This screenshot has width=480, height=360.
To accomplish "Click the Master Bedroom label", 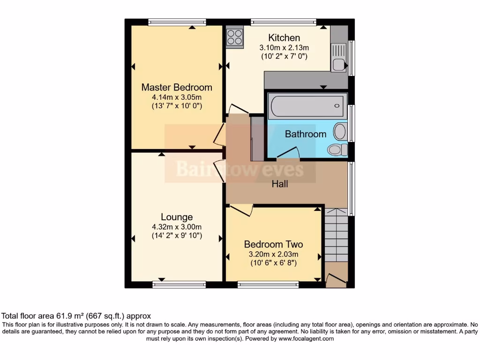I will pos(177,87).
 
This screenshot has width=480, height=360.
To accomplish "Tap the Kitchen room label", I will pos(284,37).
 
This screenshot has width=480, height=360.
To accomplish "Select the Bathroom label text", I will pos(306,134).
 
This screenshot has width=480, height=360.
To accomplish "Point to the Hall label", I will pos(280,184).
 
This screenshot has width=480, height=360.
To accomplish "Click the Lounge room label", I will pos(177,217).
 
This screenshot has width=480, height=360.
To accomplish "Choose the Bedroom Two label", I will pos(273,244).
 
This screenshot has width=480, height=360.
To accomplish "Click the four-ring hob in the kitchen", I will pos(235,37).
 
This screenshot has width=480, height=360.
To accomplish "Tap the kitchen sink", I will pos(338,56).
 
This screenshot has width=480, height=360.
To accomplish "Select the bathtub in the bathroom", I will pos(307,105).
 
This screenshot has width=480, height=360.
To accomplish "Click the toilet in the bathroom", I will pos(337,150).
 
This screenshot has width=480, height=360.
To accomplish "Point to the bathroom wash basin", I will pos(340,132).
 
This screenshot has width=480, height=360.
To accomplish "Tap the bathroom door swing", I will pos(289,152).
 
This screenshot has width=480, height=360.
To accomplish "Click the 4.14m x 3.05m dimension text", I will pos(177,97).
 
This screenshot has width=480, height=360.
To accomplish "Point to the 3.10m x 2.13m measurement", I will pos(284,47).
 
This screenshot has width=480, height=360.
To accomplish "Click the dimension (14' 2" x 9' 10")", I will pos(177,236).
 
